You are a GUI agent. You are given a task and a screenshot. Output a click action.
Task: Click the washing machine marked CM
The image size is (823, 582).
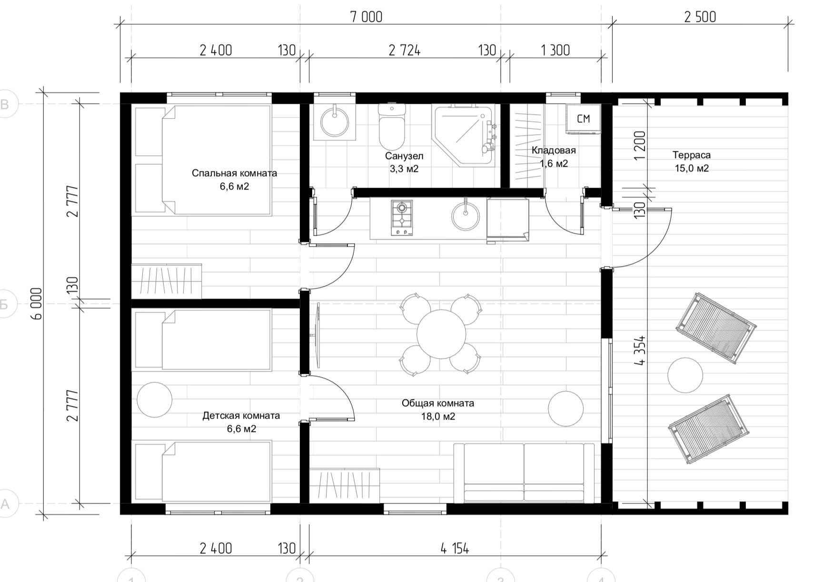[583, 119]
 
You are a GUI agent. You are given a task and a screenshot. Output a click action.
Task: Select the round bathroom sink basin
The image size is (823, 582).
[335, 121]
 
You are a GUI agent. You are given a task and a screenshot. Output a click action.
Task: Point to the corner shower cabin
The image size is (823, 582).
[463, 135]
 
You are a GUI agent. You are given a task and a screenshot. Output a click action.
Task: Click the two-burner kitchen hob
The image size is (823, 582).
[402, 218]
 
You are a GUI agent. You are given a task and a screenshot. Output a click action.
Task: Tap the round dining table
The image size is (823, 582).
[441, 334]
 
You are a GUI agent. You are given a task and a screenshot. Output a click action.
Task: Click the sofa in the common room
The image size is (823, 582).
[524, 473]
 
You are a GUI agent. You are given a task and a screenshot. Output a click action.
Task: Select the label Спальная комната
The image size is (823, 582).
[234, 173]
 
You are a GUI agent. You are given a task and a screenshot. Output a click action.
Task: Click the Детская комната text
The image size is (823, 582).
[241, 415]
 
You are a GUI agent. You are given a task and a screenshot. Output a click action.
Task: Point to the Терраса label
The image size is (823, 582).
[691, 155]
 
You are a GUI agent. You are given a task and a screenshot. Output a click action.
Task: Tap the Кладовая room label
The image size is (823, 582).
[554, 151]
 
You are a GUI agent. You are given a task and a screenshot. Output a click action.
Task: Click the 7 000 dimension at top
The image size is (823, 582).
[366, 17]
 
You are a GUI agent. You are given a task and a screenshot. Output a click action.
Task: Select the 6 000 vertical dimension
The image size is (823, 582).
[37, 303]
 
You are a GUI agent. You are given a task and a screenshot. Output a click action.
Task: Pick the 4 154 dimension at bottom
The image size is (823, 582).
[455, 549]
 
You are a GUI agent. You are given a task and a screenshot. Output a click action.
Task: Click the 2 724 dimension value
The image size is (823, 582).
[405, 50]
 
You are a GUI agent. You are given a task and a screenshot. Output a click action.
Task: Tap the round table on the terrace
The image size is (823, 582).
[685, 375]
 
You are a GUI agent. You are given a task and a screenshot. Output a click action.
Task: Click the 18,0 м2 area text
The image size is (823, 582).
[438, 417]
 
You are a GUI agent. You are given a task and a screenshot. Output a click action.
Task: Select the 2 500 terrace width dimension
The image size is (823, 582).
[700, 17]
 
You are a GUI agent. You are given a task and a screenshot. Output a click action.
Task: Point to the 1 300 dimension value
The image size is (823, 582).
[555, 50]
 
